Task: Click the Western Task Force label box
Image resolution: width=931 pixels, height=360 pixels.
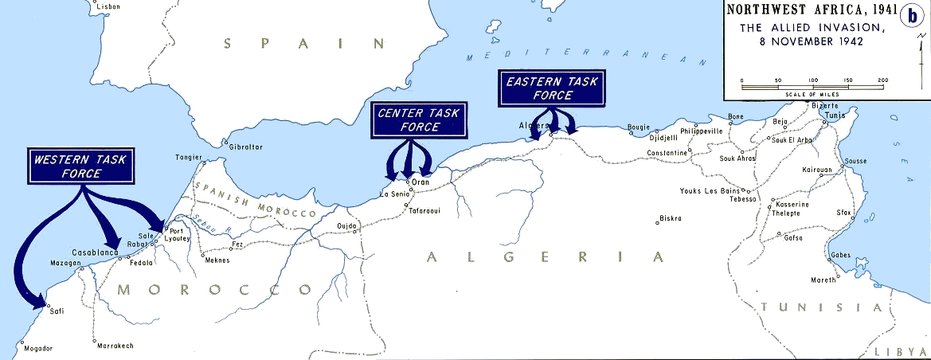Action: click(x=79, y=167)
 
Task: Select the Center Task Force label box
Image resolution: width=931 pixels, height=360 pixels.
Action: click(x=419, y=120)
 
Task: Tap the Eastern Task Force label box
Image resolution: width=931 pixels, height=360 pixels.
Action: click(x=550, y=88)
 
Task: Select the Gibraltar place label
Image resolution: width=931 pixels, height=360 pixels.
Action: click(x=246, y=147)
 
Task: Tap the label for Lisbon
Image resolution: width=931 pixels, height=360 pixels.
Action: click(x=108, y=6)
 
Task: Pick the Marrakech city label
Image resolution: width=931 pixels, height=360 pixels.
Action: click(x=115, y=346)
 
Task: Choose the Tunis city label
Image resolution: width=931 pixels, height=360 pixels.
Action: click(x=832, y=114)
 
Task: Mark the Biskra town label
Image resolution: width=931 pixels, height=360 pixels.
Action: click(x=671, y=218)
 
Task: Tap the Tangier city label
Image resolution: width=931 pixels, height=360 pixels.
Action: click(x=189, y=157)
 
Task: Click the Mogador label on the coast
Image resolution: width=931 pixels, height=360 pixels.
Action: click(x=37, y=349)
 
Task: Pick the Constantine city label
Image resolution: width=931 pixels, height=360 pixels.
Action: click(x=667, y=152)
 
